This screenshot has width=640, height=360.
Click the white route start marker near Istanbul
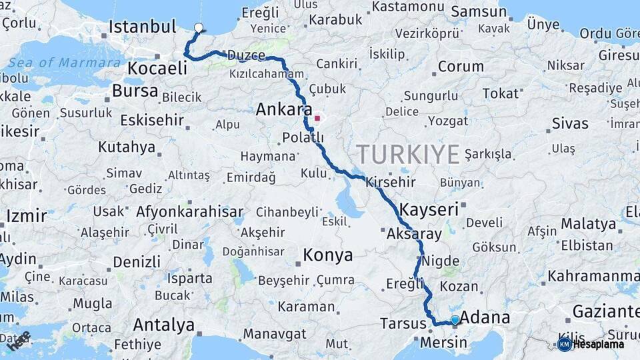click(198, 28)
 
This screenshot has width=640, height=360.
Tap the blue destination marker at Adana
click(455, 320)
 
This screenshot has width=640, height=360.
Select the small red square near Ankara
click(317, 119)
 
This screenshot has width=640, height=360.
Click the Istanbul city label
click(142, 27)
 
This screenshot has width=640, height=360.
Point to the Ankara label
click(284, 109)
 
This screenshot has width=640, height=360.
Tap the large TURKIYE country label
click(408, 154)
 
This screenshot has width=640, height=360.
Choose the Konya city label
click(327, 255)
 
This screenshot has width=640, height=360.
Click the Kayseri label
click(429, 209)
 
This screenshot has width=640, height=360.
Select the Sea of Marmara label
click(65, 63)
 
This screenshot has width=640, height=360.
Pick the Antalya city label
click(163, 325)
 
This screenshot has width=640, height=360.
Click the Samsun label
click(479, 11)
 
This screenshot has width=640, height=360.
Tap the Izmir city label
click(27, 216)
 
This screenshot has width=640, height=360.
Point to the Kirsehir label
click(390, 182)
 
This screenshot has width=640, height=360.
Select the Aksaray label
click(414, 234)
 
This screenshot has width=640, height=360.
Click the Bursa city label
click(135, 91)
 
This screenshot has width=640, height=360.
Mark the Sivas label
click(570, 123)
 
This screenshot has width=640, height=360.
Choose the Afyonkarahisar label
click(190, 213)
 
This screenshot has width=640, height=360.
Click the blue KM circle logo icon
click(565, 344)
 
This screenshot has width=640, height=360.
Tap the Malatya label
click(588, 223)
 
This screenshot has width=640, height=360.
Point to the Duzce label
click(246, 55)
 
